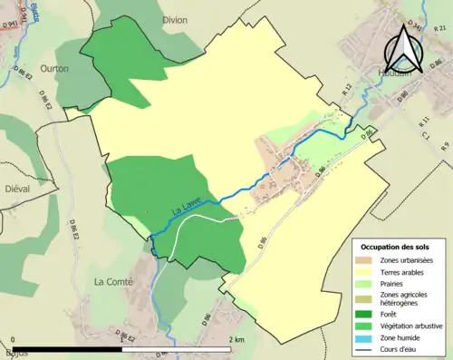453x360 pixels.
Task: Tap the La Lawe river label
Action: coord(186,210)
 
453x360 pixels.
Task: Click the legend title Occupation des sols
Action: coord(399,247)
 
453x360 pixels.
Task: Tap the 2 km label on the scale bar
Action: coord(237,339)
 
